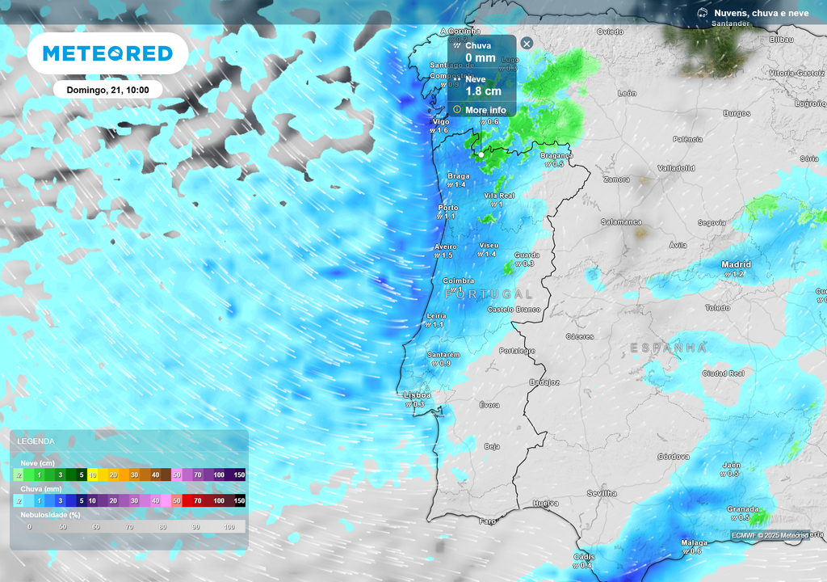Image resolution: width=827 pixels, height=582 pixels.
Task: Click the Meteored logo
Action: pos(107,53)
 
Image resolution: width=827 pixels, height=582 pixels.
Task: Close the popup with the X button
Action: pos(527,44)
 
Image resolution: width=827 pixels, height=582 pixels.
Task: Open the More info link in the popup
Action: pos(485,110)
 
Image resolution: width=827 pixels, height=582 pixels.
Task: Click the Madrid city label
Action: pos(736,264)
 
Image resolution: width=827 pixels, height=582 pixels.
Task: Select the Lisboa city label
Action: pos(417,395)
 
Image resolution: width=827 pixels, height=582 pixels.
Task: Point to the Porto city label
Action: pos(447,208)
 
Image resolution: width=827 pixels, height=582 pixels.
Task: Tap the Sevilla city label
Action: pos(602,493)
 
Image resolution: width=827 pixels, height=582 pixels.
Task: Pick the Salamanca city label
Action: pos(621,221)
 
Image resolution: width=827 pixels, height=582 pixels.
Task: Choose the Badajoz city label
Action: pos(544,382)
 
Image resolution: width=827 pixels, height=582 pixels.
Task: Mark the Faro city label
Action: pos(488,521)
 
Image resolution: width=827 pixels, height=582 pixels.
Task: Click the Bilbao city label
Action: pos(782,39)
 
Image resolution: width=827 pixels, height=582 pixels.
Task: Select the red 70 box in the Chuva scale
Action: pos(198,501)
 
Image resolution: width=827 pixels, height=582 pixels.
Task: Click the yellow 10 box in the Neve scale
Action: pos(93,475)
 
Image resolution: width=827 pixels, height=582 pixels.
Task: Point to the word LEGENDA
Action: pos(36,441)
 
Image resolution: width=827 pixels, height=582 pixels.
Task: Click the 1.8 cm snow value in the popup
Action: pos(483,91)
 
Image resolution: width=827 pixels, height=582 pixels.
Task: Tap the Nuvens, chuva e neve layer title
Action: pos(761,13)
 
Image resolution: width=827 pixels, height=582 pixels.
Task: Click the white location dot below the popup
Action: pos(481,154)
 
